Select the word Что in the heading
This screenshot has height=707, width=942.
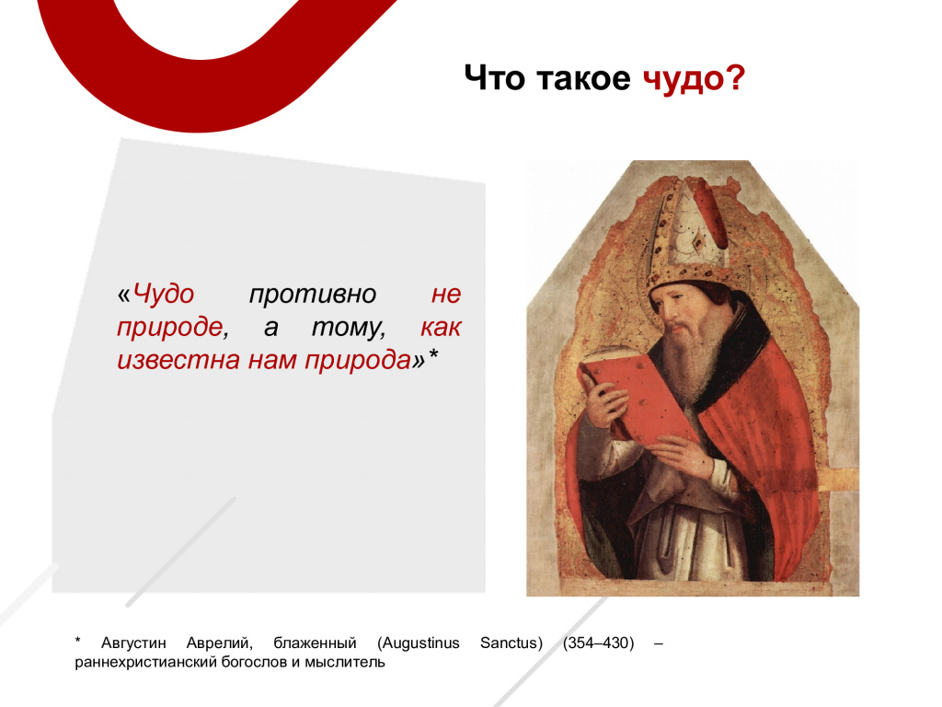[x=494, y=78]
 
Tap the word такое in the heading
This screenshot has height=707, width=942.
[x=582, y=79]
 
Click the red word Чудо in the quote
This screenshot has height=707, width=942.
[x=163, y=295]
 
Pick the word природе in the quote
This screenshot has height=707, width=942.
[x=170, y=328]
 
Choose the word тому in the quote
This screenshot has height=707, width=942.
[x=349, y=328]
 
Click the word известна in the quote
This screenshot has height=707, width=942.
[x=178, y=360]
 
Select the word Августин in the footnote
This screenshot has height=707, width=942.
[x=133, y=643]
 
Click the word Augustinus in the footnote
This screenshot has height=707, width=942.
[x=419, y=643]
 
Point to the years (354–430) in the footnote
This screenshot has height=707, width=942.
[x=598, y=643]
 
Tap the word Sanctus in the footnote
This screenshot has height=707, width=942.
[x=511, y=643]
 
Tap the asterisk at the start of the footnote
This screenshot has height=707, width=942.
[x=78, y=641]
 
